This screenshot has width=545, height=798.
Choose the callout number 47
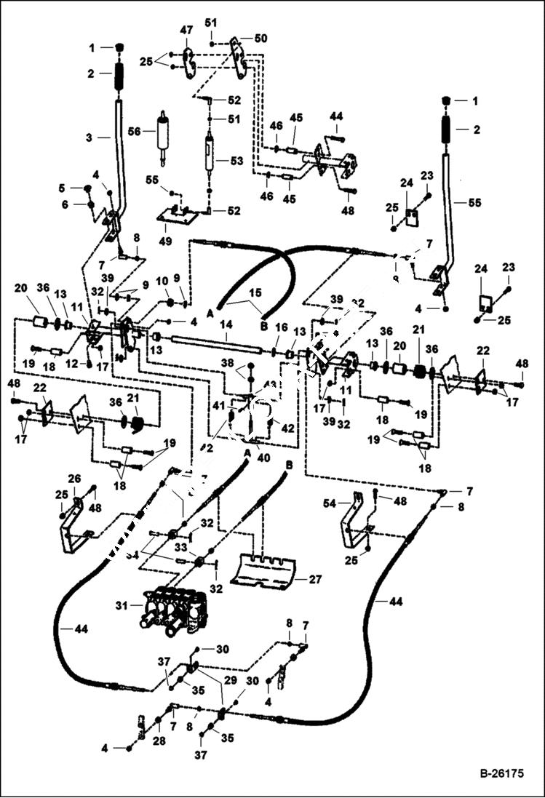tap(187, 31)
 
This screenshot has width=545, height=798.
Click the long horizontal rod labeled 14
tap(211, 340)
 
